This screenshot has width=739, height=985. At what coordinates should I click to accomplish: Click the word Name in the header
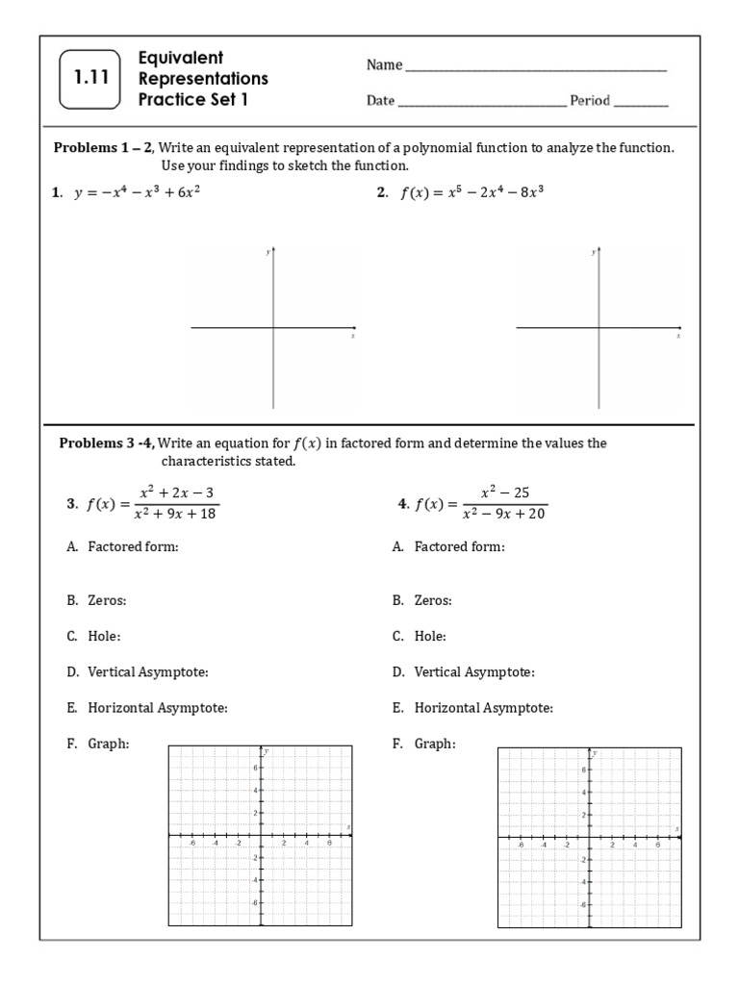(x=383, y=65)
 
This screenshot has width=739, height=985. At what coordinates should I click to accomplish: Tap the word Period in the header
(x=590, y=100)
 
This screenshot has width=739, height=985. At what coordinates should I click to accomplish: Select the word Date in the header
(x=380, y=100)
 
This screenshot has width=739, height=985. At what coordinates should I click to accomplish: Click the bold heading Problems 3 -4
(x=107, y=443)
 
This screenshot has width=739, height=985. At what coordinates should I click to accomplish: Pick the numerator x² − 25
(x=505, y=492)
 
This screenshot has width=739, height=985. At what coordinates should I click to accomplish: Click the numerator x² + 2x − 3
(x=177, y=492)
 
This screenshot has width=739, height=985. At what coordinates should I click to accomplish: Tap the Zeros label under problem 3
(x=107, y=600)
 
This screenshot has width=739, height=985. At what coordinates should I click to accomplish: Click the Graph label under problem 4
(x=434, y=744)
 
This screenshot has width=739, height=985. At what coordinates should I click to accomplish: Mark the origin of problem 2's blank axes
(x=600, y=328)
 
